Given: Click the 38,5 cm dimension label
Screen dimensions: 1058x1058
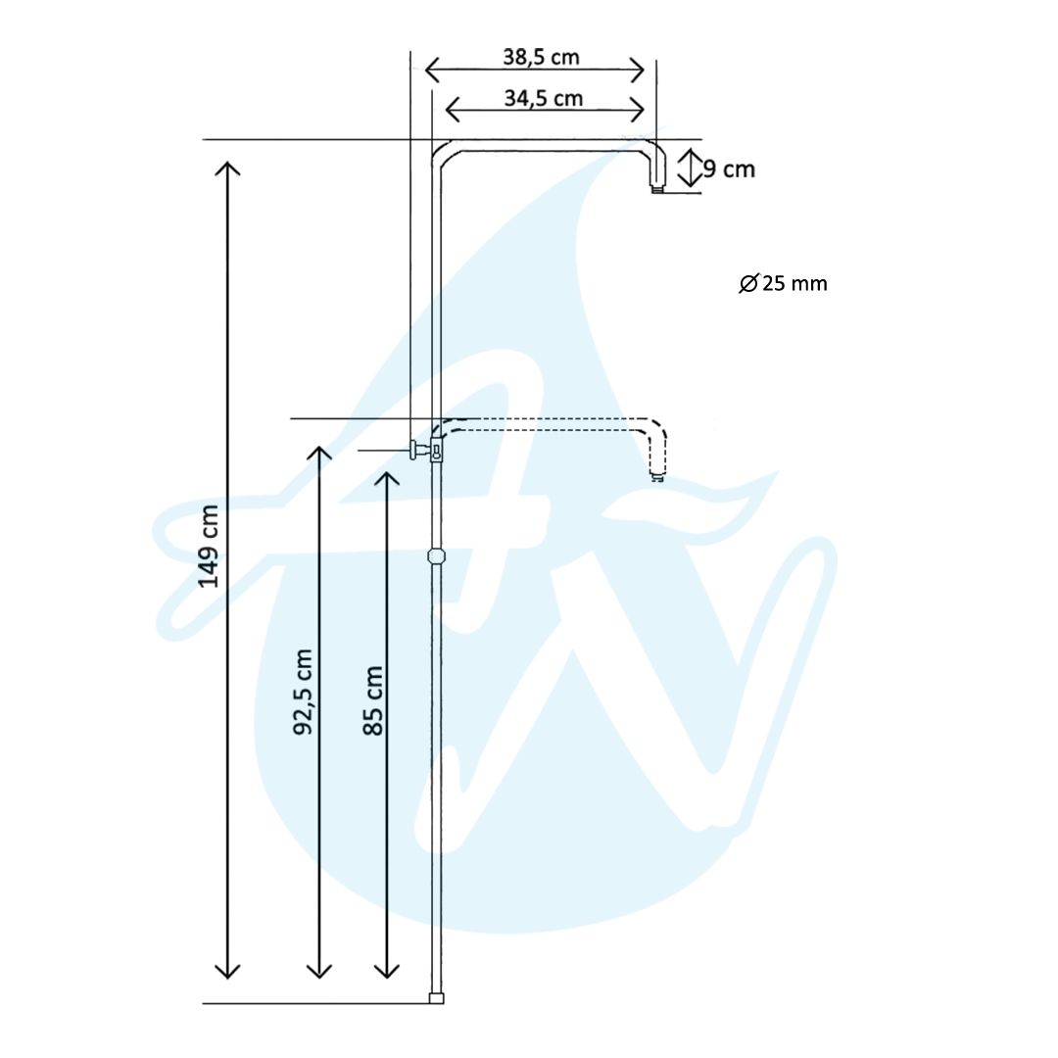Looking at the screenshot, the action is [541, 58].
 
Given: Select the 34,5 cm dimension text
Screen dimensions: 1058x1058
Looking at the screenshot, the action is [543, 99].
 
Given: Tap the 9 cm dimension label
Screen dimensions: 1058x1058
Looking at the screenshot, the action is [730, 168].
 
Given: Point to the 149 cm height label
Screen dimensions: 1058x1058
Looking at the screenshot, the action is [209, 546].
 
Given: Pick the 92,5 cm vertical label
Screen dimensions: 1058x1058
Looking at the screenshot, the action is [303, 693].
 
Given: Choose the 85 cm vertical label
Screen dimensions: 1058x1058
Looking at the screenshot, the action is [372, 700].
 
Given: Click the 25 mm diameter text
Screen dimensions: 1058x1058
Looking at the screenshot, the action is [794, 283].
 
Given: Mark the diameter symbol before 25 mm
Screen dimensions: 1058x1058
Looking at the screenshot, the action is [748, 283].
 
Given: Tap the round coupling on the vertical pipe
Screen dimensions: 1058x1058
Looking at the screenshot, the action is [437, 556].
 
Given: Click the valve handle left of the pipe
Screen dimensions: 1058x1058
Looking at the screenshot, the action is [413, 450].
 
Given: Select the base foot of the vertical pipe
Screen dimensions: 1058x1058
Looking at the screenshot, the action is [437, 998].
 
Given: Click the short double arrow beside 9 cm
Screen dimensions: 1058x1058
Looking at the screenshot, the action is [690, 168].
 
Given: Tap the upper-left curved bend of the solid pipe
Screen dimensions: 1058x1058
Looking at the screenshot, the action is [443, 152].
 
